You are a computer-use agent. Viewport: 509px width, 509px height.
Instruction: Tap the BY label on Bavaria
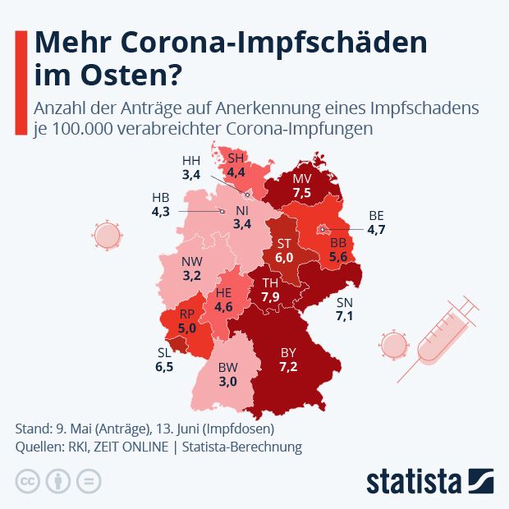point(288,352)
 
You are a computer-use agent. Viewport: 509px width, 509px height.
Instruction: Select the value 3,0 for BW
point(227,382)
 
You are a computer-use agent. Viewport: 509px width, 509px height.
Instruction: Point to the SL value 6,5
point(164,367)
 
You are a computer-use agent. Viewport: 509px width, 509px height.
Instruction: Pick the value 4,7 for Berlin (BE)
point(377,229)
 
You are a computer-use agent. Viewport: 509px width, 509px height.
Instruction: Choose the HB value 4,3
point(162,211)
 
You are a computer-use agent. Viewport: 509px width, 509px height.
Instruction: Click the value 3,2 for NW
point(192,275)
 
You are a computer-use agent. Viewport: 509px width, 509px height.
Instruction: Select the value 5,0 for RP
point(186,328)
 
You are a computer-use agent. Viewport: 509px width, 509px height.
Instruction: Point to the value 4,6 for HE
point(224,307)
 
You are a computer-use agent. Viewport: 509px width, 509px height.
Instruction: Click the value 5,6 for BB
point(338,257)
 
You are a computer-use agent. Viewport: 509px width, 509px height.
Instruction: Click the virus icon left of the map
point(108,236)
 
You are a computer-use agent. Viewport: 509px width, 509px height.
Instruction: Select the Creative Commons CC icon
point(28,481)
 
